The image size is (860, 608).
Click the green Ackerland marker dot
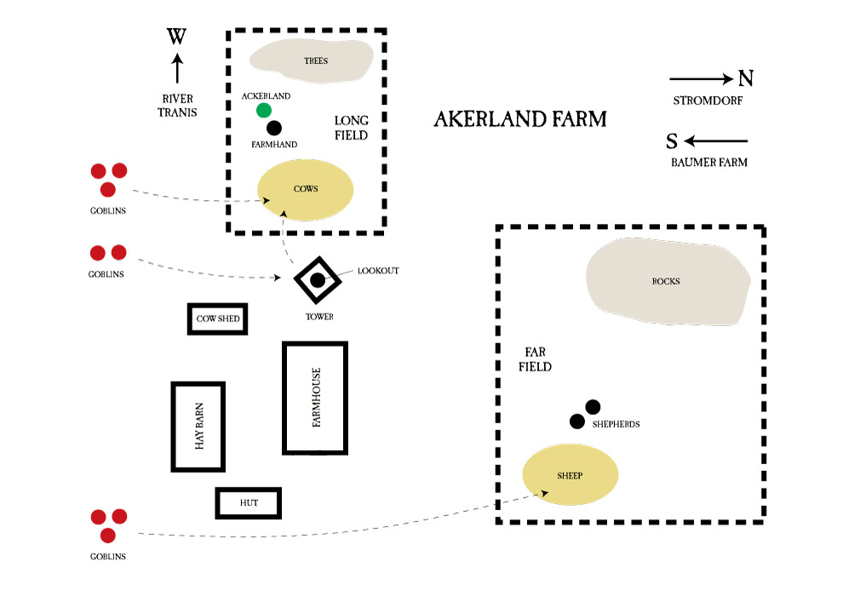[x=264, y=110]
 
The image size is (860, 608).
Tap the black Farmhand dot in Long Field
[x=273, y=128]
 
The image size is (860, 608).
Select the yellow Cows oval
[x=306, y=189]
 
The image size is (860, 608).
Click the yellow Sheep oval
[x=570, y=475]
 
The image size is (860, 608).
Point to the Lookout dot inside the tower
[x=318, y=279]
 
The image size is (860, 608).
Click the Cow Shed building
[x=218, y=319]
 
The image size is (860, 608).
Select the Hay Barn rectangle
[x=198, y=427]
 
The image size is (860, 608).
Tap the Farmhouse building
[x=315, y=399]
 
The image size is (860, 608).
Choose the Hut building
[x=249, y=503]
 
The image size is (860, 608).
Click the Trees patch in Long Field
[x=312, y=60]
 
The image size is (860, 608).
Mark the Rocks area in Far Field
[x=667, y=282]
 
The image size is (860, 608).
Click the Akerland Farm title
[x=520, y=118]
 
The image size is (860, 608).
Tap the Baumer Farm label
[x=708, y=162]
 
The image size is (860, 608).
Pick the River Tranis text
[x=177, y=105]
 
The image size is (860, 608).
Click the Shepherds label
[x=615, y=423]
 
